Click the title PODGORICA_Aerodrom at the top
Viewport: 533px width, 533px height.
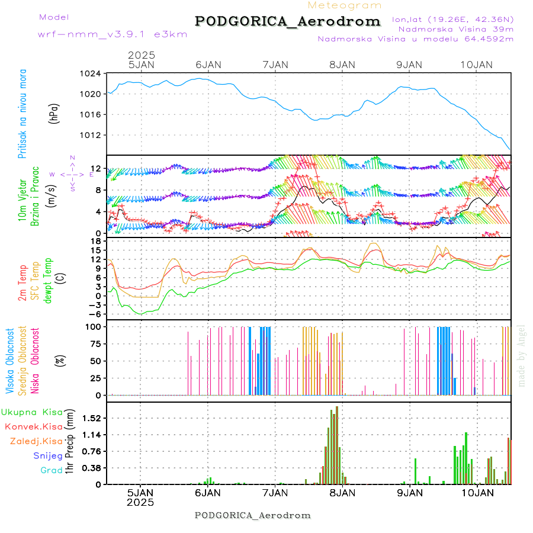pyautogui.click(x=288, y=21)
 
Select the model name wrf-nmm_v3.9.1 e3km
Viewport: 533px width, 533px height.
pyautogui.click(x=113, y=34)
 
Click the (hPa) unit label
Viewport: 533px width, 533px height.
pyautogui.click(x=54, y=113)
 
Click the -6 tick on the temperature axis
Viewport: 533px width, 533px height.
pyautogui.click(x=94, y=314)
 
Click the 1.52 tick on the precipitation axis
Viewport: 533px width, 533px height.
pyautogui.click(x=92, y=418)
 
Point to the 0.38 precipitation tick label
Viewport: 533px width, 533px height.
pyautogui.click(x=92, y=468)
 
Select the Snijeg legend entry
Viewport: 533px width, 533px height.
pyautogui.click(x=47, y=455)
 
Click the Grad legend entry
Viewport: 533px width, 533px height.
pyautogui.click(x=51, y=470)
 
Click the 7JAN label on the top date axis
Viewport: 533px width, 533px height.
pyautogui.click(x=274, y=65)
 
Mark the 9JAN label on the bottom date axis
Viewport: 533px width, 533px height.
pyautogui.click(x=409, y=492)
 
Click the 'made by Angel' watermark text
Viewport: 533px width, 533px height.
pyautogui.click(x=522, y=355)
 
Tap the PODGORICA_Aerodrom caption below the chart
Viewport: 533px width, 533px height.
pyautogui.click(x=252, y=515)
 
